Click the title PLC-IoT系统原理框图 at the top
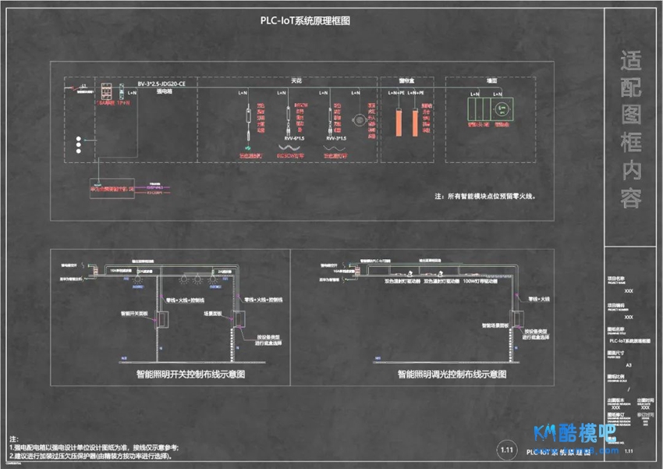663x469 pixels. pyautogui.click(x=305, y=22)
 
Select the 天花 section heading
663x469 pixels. pyautogui.click(x=296, y=80)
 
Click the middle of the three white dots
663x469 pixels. pyautogui.click(x=78, y=145)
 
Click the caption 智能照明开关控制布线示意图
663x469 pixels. pyautogui.click(x=190, y=375)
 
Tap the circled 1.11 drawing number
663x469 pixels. pyautogui.click(x=507, y=450)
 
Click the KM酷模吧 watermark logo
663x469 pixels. pyautogui.click(x=574, y=435)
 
